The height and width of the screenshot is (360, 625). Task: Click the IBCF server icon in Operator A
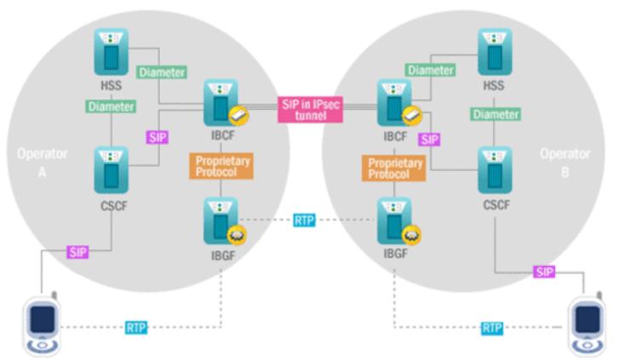click(219, 104)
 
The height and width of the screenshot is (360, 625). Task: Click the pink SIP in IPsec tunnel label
click(311, 109)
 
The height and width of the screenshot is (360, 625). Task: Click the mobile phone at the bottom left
click(41, 325)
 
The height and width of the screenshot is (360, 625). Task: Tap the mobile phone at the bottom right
click(588, 325)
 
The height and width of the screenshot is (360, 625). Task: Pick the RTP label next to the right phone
click(491, 327)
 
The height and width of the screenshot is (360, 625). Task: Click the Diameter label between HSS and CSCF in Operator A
click(111, 107)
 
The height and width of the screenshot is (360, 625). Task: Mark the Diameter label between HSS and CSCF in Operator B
click(496, 114)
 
